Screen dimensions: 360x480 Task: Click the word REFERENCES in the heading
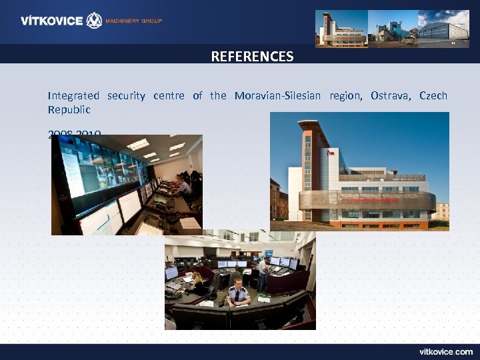(x=252, y=57)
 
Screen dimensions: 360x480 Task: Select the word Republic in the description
(x=69, y=109)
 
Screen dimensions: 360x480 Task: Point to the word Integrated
(x=73, y=95)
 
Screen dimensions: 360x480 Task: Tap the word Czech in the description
(x=433, y=95)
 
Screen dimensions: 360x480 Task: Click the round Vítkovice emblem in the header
(x=95, y=21)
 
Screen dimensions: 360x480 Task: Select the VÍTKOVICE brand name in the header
(x=51, y=21)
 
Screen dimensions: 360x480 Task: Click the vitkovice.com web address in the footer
(x=446, y=351)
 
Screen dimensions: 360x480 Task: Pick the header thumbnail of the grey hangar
(x=443, y=29)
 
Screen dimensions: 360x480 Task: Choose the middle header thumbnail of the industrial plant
(x=392, y=29)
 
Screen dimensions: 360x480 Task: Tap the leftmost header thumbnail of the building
(x=341, y=29)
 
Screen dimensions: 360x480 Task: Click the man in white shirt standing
(x=261, y=273)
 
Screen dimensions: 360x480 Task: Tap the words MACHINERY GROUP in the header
(x=135, y=21)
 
